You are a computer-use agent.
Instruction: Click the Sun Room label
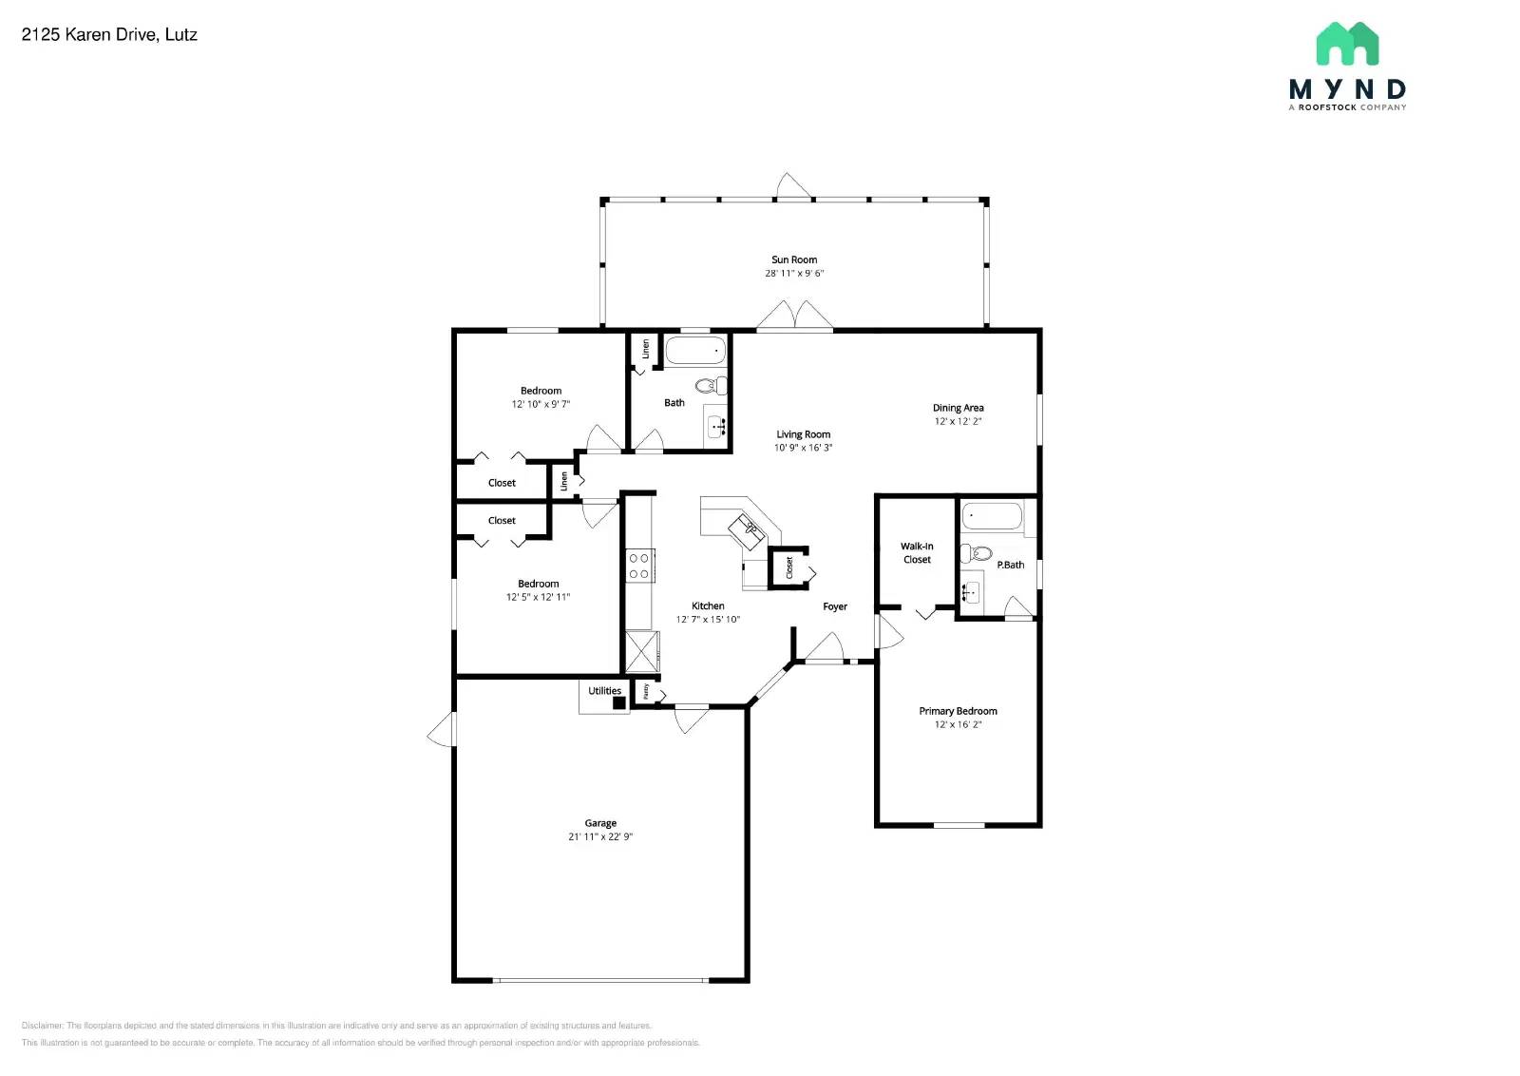point(793,259)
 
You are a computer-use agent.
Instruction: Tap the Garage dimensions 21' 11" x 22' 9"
point(599,837)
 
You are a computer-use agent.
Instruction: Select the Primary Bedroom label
point(957,711)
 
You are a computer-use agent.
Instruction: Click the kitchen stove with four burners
point(638,566)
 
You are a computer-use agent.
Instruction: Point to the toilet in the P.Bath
point(978,553)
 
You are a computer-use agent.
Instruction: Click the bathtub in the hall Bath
point(695,351)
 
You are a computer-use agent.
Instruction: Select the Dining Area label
point(958,408)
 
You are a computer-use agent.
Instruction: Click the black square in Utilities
point(618,703)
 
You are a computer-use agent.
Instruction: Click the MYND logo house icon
point(1347,44)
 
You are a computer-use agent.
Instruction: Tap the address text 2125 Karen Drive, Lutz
point(109,35)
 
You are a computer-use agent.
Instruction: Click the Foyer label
point(834,606)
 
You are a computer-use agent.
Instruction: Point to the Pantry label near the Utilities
point(646,692)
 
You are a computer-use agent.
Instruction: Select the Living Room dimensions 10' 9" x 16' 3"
point(803,448)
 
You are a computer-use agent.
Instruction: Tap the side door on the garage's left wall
point(443,730)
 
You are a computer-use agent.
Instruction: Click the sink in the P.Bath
point(970,594)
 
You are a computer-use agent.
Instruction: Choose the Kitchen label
point(708,605)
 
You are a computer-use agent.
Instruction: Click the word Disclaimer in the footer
point(43,1026)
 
